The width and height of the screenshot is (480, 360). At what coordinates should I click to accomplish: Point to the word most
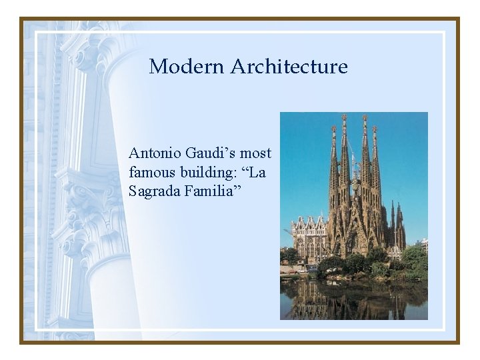click(x=257, y=153)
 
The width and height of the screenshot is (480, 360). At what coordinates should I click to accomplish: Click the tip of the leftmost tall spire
click(x=333, y=127)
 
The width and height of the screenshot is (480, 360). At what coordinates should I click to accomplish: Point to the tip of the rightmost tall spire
click(x=374, y=128)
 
